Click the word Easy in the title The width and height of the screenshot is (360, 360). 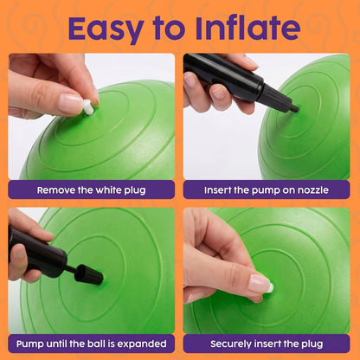(106, 29)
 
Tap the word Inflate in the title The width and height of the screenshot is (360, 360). (247, 28)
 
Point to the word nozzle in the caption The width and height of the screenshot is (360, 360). (313, 190)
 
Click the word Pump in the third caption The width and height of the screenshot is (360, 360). (30, 344)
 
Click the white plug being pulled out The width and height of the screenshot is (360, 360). (88, 107)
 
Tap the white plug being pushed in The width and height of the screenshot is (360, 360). (270, 287)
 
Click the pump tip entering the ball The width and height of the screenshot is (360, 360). (293, 108)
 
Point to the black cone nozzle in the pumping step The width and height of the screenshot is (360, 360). (88, 273)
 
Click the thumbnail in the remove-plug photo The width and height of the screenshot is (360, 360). (70, 104)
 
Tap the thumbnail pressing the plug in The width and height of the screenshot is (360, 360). (259, 283)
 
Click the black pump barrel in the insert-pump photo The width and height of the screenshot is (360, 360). (223, 76)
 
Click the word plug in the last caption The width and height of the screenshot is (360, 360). (312, 344)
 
